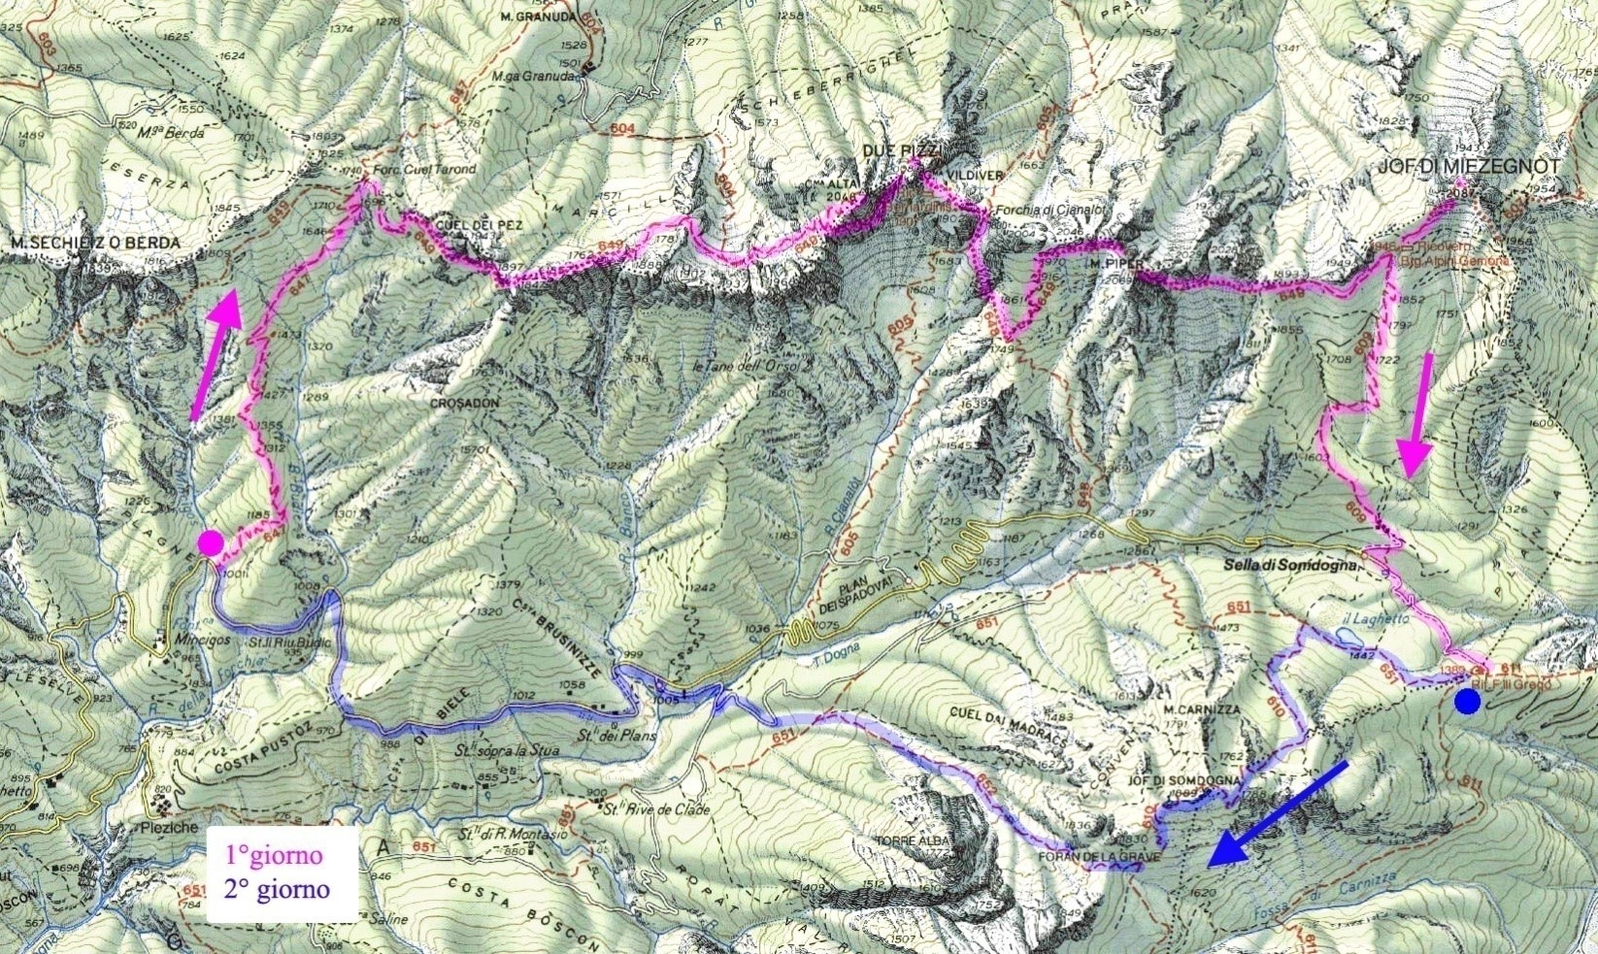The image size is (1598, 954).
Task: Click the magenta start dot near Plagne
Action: point(211,543)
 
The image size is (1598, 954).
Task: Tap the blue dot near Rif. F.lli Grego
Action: point(1467,702)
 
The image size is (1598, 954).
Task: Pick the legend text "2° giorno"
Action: point(278,888)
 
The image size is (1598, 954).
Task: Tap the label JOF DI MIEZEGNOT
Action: point(1469,168)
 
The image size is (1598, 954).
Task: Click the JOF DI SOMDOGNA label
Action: point(1185,780)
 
